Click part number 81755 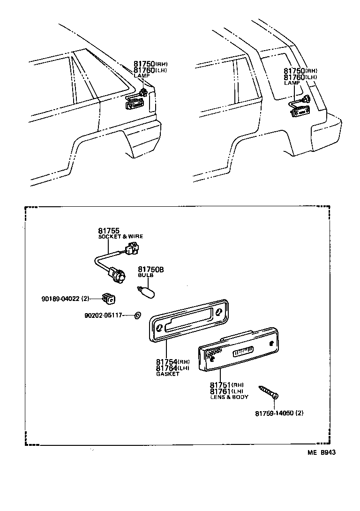(109, 231)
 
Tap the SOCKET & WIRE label (120, 237)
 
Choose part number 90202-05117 (103, 316)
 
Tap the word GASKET (167, 374)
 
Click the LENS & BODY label (229, 397)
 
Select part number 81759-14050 (279, 413)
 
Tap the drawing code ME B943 (322, 452)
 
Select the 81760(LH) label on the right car (300, 77)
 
